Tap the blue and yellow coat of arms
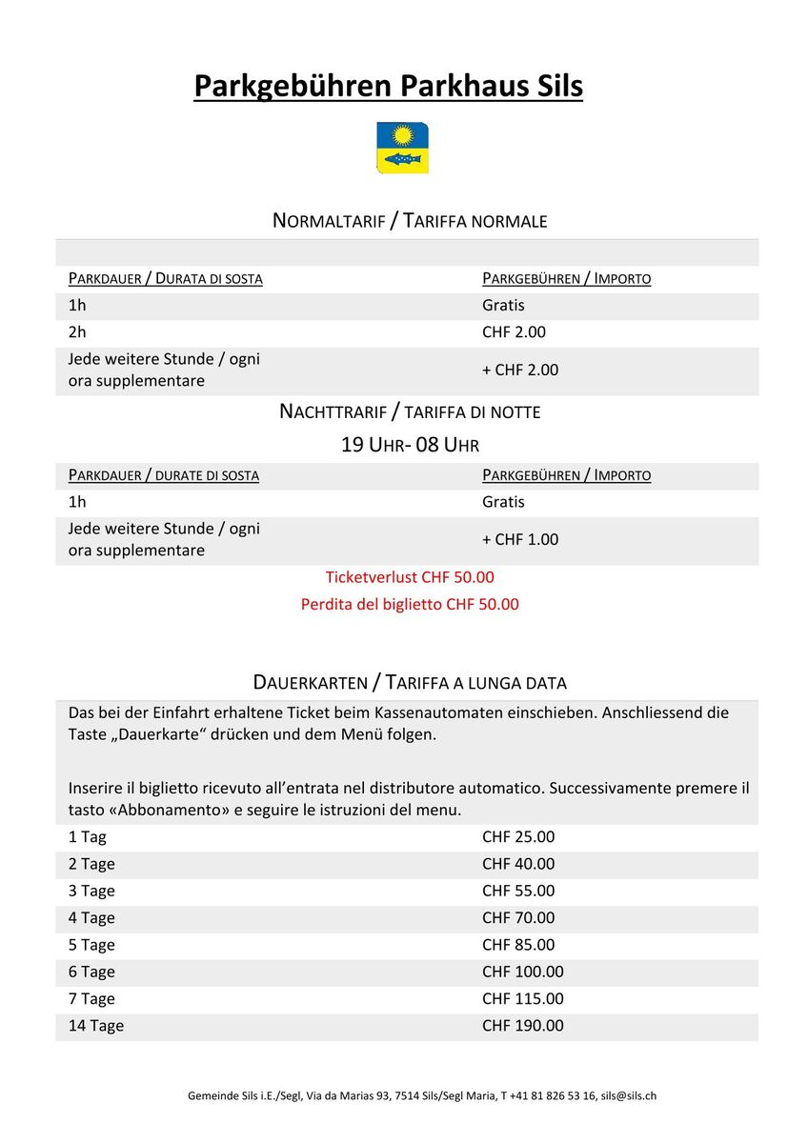(x=402, y=148)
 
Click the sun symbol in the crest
(x=402, y=134)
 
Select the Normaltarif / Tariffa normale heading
(x=410, y=221)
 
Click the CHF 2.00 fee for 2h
(x=514, y=332)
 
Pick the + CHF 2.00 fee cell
(x=520, y=370)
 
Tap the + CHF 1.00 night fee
(x=520, y=539)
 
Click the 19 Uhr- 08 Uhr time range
(x=410, y=445)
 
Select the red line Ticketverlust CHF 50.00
(x=410, y=577)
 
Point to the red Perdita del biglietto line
(x=410, y=604)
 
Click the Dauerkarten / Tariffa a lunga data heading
(x=410, y=682)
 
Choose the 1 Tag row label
(x=88, y=837)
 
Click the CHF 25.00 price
(x=518, y=837)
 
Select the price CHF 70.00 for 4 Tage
(x=518, y=918)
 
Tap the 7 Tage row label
(x=91, y=998)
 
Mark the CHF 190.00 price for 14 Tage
(x=523, y=1026)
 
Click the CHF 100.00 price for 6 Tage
(x=523, y=972)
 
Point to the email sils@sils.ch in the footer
(x=628, y=1095)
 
